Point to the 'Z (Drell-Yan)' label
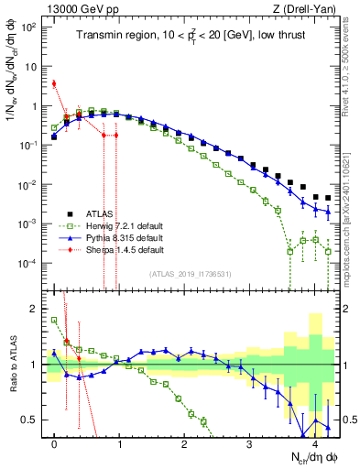(307, 8)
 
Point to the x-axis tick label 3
(249, 442)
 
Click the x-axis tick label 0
(55, 442)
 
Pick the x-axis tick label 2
(185, 442)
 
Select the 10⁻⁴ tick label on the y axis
(29, 264)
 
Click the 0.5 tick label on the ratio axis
(33, 420)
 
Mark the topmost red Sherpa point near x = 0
(55, 83)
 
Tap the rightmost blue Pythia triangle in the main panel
(328, 213)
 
